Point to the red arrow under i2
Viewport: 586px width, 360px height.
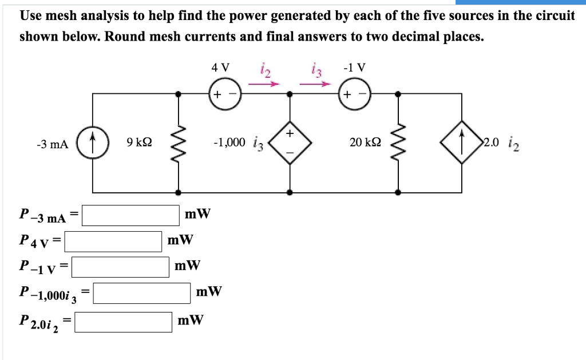pyautogui.click(x=266, y=84)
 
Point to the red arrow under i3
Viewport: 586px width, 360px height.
pyautogui.click(x=316, y=84)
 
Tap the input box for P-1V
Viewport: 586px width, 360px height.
pyautogui.click(x=120, y=266)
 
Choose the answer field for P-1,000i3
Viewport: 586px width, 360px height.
pyautogui.click(x=142, y=293)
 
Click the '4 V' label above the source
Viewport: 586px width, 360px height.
pyautogui.click(x=220, y=67)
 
